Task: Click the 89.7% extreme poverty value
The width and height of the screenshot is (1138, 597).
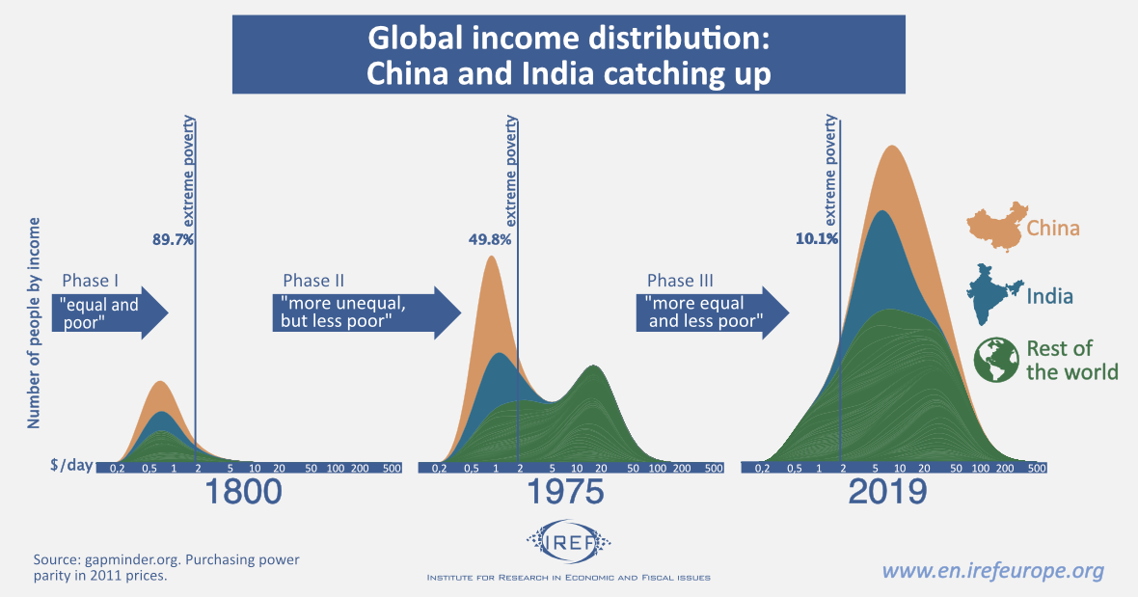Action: [173, 239]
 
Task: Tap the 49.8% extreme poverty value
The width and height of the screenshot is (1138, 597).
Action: [489, 239]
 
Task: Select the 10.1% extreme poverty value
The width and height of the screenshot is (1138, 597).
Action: [815, 239]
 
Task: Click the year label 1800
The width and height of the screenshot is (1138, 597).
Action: [243, 492]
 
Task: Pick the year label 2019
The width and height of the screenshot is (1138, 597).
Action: [887, 492]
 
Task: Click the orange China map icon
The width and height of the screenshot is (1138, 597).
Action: [993, 227]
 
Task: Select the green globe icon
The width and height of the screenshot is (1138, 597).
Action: [997, 361]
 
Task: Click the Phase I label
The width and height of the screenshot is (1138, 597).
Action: [91, 281]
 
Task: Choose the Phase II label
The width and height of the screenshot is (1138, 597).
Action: [313, 281]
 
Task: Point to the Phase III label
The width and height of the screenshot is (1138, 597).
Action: [680, 281]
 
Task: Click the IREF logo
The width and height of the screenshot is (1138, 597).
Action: [569, 545]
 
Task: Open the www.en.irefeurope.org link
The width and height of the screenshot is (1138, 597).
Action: [993, 571]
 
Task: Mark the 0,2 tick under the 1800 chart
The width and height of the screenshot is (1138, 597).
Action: [118, 468]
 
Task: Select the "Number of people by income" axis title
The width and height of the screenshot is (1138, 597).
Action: [34, 323]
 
